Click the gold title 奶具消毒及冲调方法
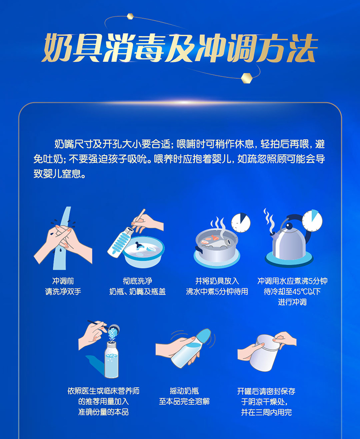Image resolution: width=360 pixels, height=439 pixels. (180, 48)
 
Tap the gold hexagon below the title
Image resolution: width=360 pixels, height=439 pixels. (247, 78)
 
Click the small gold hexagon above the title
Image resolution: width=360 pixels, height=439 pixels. (130, 16)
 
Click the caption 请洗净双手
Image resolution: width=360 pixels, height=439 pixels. (63, 292)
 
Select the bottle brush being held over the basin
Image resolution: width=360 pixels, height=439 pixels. (120, 242)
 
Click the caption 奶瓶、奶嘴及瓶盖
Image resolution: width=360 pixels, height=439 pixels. (137, 292)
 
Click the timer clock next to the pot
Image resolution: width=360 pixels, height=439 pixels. (240, 223)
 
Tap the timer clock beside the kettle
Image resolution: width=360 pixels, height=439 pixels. (312, 220)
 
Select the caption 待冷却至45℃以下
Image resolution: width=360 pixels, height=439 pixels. (292, 292)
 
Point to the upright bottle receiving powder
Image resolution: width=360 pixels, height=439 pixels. (111, 359)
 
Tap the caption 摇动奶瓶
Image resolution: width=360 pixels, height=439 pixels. (184, 391)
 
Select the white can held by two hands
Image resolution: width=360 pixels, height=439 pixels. (264, 353)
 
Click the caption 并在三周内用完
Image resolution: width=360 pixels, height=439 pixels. (266, 412)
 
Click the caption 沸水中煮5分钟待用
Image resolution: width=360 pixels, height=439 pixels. (217, 292)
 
